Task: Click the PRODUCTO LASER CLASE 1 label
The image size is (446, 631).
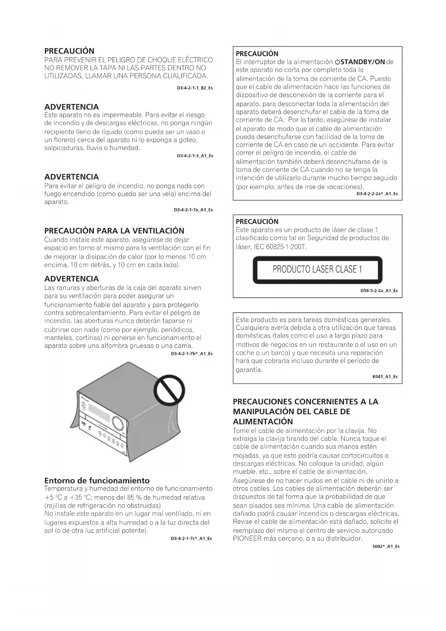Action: tap(317, 269)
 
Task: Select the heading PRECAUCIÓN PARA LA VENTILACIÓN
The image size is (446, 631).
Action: tap(114, 231)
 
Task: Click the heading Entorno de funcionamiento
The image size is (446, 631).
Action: tap(97, 481)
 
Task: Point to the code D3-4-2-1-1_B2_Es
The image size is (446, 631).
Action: tap(195, 88)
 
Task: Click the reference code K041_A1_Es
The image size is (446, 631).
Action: tap(385, 377)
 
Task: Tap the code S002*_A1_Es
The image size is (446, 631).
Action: tap(386, 546)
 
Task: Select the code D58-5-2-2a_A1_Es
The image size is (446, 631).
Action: tap(379, 291)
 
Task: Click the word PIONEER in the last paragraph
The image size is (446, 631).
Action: tap(247, 539)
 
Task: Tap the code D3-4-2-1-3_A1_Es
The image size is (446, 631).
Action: tap(195, 156)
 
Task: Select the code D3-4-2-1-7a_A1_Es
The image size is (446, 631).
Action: tap(193, 210)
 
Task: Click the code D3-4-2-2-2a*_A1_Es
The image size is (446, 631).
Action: tap(377, 194)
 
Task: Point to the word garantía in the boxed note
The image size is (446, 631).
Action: tap(249, 369)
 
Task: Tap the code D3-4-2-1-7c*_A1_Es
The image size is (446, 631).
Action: tap(191, 539)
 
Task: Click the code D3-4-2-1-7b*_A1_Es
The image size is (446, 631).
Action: tap(192, 354)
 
